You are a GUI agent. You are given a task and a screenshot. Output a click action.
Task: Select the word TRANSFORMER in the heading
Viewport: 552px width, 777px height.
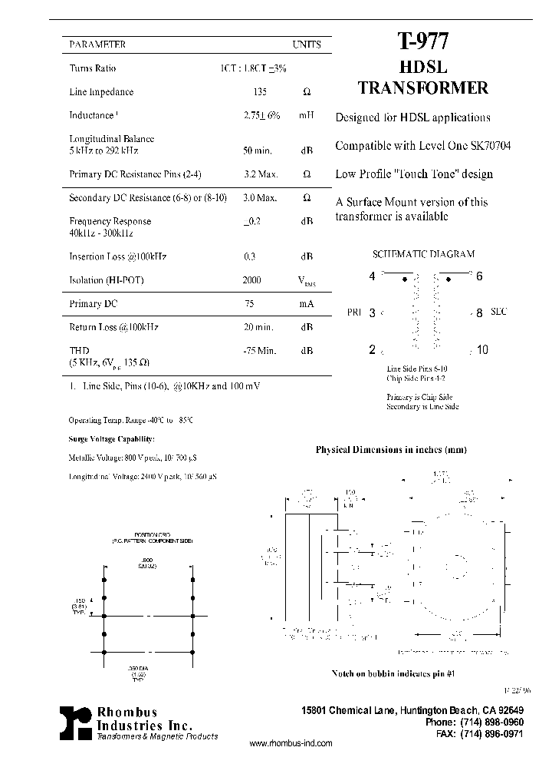[422, 88]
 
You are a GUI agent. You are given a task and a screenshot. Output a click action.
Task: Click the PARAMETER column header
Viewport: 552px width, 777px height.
[97, 45]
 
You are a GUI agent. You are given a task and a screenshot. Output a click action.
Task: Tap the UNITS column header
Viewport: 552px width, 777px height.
[306, 45]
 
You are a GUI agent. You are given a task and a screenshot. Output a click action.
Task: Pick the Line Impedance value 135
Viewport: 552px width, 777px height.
[261, 92]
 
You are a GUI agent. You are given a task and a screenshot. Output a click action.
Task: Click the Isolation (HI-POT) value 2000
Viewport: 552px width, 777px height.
[251, 280]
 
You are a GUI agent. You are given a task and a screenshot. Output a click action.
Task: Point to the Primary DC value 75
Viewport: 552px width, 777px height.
[249, 304]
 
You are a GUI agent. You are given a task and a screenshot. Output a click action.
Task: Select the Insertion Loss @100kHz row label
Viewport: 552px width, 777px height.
[118, 256]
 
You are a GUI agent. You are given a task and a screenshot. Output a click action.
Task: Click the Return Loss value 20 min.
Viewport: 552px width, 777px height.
[258, 327]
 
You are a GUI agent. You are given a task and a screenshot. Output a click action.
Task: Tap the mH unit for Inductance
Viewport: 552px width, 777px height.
[307, 115]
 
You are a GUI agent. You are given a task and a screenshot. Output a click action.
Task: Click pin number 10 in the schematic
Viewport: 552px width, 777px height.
[481, 350]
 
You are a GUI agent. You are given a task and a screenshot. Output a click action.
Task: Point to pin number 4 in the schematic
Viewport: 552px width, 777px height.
[373, 276]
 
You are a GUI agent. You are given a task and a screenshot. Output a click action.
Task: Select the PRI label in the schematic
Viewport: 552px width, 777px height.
[353, 312]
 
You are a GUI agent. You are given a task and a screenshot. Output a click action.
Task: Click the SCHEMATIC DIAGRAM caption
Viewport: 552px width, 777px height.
[423, 254]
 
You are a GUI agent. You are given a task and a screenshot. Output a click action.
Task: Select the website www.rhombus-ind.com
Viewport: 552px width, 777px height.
[292, 744]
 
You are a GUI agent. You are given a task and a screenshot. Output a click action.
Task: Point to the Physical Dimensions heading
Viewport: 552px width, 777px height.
[391, 450]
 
